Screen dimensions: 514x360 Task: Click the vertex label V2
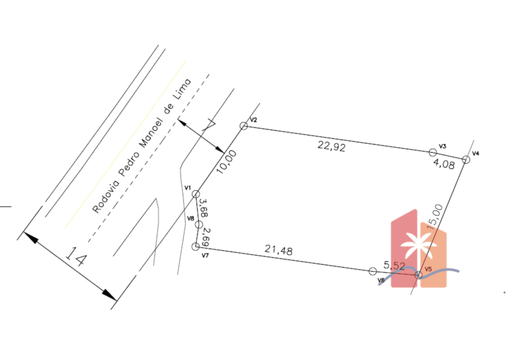pos(253,120)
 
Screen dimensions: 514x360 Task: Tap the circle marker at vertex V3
pos(433,152)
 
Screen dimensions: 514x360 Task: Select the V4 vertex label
pos(475,153)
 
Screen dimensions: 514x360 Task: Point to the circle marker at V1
pos(196,194)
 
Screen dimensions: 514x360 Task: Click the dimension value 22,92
pos(332,146)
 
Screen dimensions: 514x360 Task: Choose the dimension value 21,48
pos(279,250)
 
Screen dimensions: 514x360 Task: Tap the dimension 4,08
pos(444,163)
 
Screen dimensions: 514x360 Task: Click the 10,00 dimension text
pos(227,162)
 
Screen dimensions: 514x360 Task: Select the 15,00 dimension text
pos(435,217)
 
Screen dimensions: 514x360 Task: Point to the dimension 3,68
pos(204,208)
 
